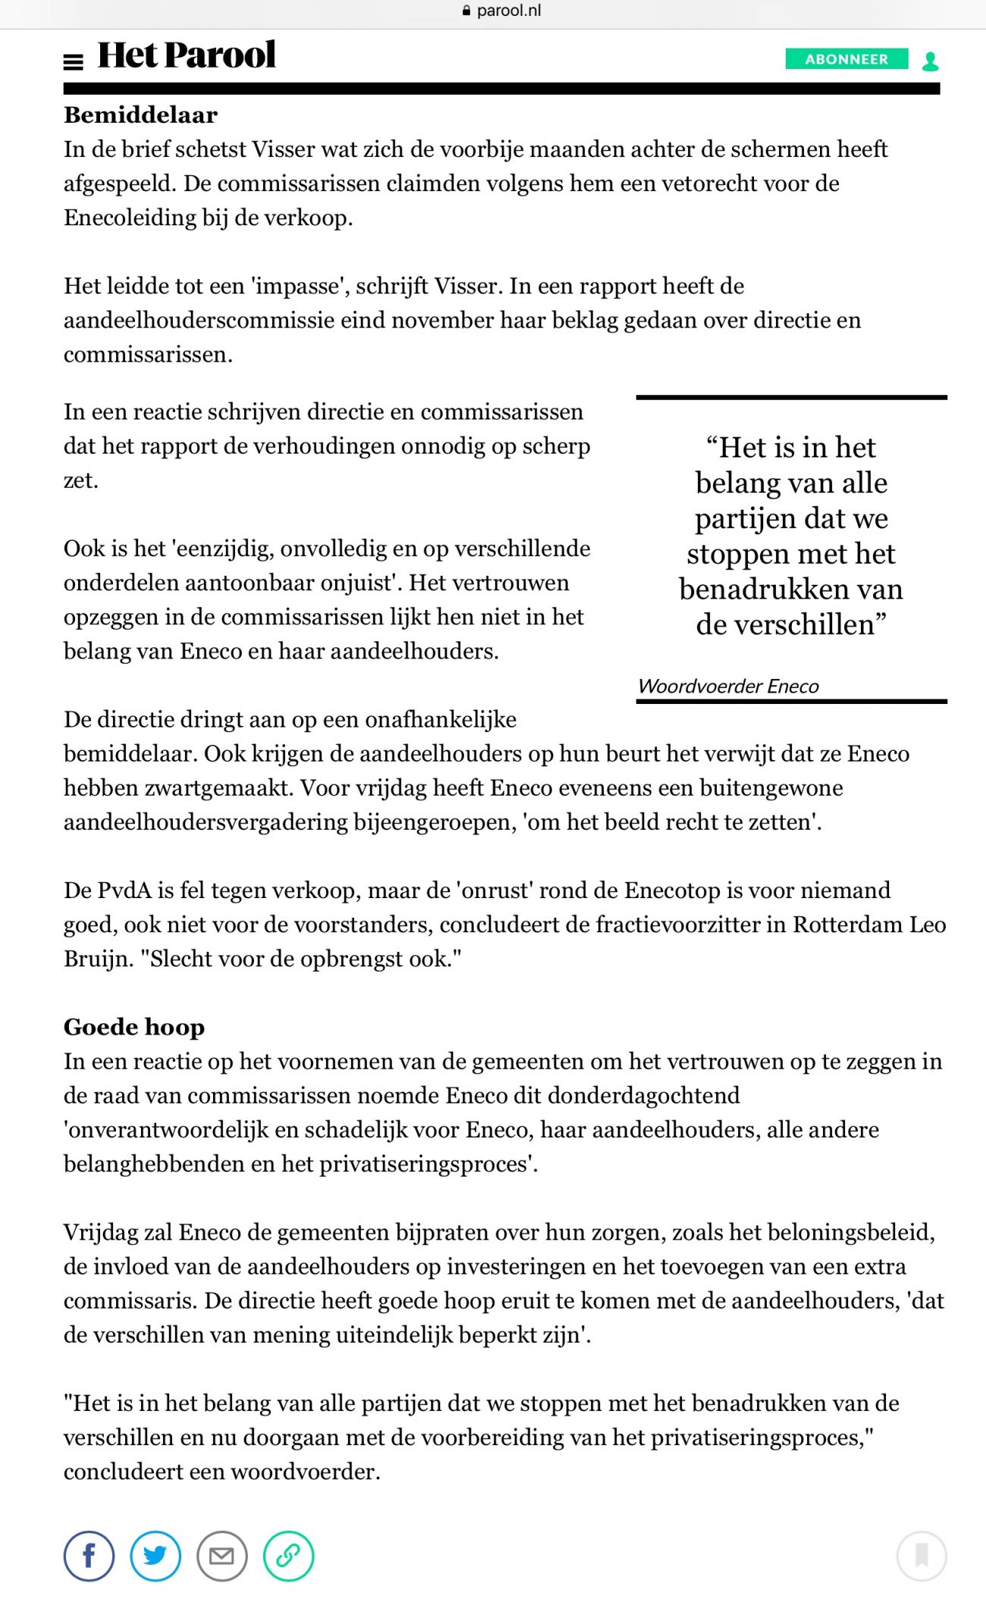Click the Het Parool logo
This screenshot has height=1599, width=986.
click(x=187, y=55)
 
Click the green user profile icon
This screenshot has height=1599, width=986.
click(x=930, y=61)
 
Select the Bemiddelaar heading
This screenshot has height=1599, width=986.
click(x=140, y=115)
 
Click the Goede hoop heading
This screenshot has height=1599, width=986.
click(x=134, y=1027)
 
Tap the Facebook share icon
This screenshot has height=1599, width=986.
click(x=89, y=1557)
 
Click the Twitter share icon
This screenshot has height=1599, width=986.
click(x=155, y=1557)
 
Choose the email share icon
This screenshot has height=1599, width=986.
click(x=221, y=1557)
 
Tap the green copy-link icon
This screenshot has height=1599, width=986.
click(x=288, y=1557)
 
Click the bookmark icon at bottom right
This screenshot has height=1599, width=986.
click(x=922, y=1557)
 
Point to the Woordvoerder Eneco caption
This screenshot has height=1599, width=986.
click(x=728, y=686)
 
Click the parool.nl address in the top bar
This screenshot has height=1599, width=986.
click(x=508, y=11)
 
